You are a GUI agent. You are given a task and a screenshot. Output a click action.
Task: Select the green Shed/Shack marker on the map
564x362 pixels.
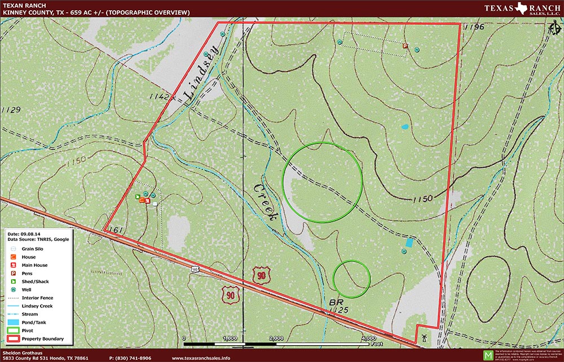point(138,196)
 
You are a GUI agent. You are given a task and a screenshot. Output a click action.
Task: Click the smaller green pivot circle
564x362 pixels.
point(351,279)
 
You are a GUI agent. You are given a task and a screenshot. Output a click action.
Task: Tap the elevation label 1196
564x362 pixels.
point(475,27)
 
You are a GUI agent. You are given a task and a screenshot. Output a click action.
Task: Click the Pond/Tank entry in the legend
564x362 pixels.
point(34,322)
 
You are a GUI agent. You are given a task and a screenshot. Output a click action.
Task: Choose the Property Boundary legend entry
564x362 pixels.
point(42,339)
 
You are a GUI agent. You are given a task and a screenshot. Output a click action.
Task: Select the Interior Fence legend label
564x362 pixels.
point(38,297)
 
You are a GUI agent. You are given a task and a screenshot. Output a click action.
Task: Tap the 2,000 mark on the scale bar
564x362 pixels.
point(276,339)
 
